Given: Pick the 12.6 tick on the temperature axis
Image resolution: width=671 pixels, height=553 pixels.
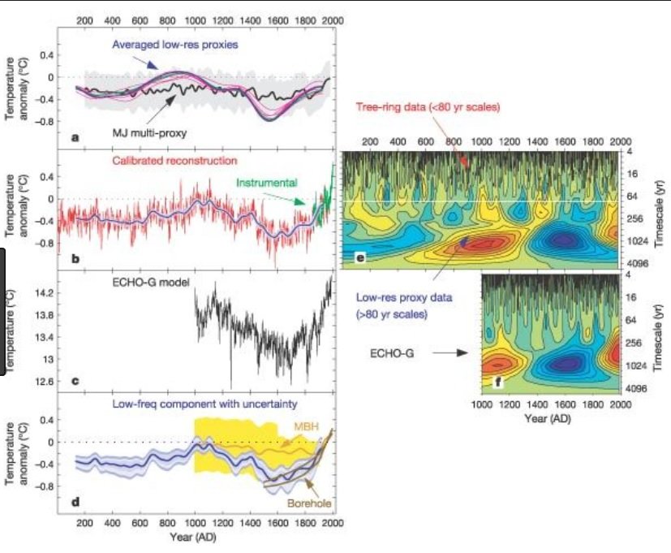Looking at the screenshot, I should coord(42,381).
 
